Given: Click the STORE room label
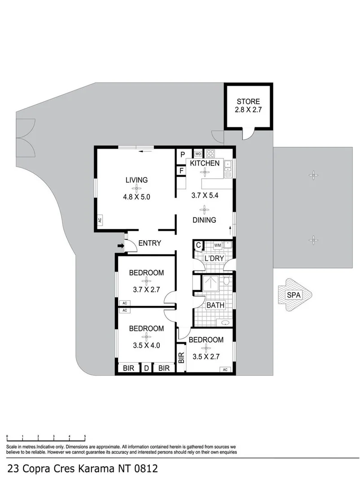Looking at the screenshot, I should [x=248, y=101].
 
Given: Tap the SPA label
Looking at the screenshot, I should [x=295, y=295].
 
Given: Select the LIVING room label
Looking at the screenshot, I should [x=136, y=180].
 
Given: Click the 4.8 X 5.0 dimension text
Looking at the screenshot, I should [x=136, y=196].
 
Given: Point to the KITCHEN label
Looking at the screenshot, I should [x=205, y=163].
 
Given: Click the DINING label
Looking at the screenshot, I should [x=205, y=220].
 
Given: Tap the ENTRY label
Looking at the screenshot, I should [x=149, y=243].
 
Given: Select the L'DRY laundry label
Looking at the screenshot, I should [x=214, y=259].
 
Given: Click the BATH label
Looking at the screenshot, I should [x=215, y=305].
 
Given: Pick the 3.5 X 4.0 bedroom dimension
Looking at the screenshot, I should [x=146, y=346].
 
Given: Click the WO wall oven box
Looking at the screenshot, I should [x=198, y=154].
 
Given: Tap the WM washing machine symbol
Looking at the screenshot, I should [x=217, y=245].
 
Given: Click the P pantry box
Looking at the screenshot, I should [x=183, y=154].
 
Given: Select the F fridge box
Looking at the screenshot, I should [x=182, y=171].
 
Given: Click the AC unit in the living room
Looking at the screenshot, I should [x=100, y=220].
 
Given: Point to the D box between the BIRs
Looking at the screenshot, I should [x=146, y=369].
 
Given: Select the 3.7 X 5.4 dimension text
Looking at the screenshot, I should [x=205, y=195].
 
